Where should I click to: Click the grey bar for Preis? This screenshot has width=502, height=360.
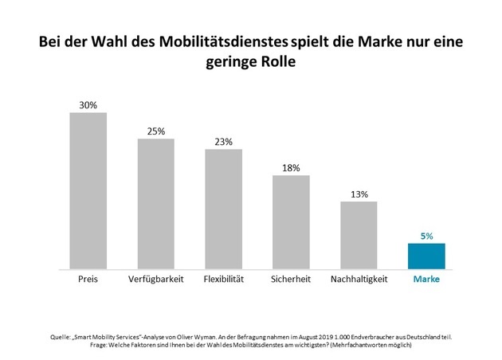click(x=88, y=191)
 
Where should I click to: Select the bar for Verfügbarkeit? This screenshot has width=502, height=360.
click(x=155, y=205)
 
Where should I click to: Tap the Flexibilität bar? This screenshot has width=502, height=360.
click(x=223, y=209)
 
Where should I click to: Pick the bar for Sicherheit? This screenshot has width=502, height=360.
click(x=291, y=223)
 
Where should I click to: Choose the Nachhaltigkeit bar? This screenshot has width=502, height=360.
click(x=359, y=236)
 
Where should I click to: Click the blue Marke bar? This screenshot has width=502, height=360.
click(x=426, y=256)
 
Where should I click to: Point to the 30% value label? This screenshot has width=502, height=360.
click(x=88, y=104)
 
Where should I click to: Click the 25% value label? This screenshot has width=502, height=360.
click(x=155, y=131)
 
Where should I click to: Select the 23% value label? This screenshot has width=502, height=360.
click(x=223, y=142)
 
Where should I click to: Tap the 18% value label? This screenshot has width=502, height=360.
click(x=291, y=167)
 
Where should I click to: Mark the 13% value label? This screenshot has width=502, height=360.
click(x=359, y=194)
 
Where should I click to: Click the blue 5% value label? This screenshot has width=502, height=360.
click(x=426, y=236)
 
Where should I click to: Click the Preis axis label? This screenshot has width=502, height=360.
click(x=88, y=280)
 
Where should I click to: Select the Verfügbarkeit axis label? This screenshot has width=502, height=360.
click(x=155, y=280)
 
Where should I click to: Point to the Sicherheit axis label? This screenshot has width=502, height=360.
click(x=291, y=280)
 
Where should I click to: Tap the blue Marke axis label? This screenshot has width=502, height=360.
click(x=426, y=280)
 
